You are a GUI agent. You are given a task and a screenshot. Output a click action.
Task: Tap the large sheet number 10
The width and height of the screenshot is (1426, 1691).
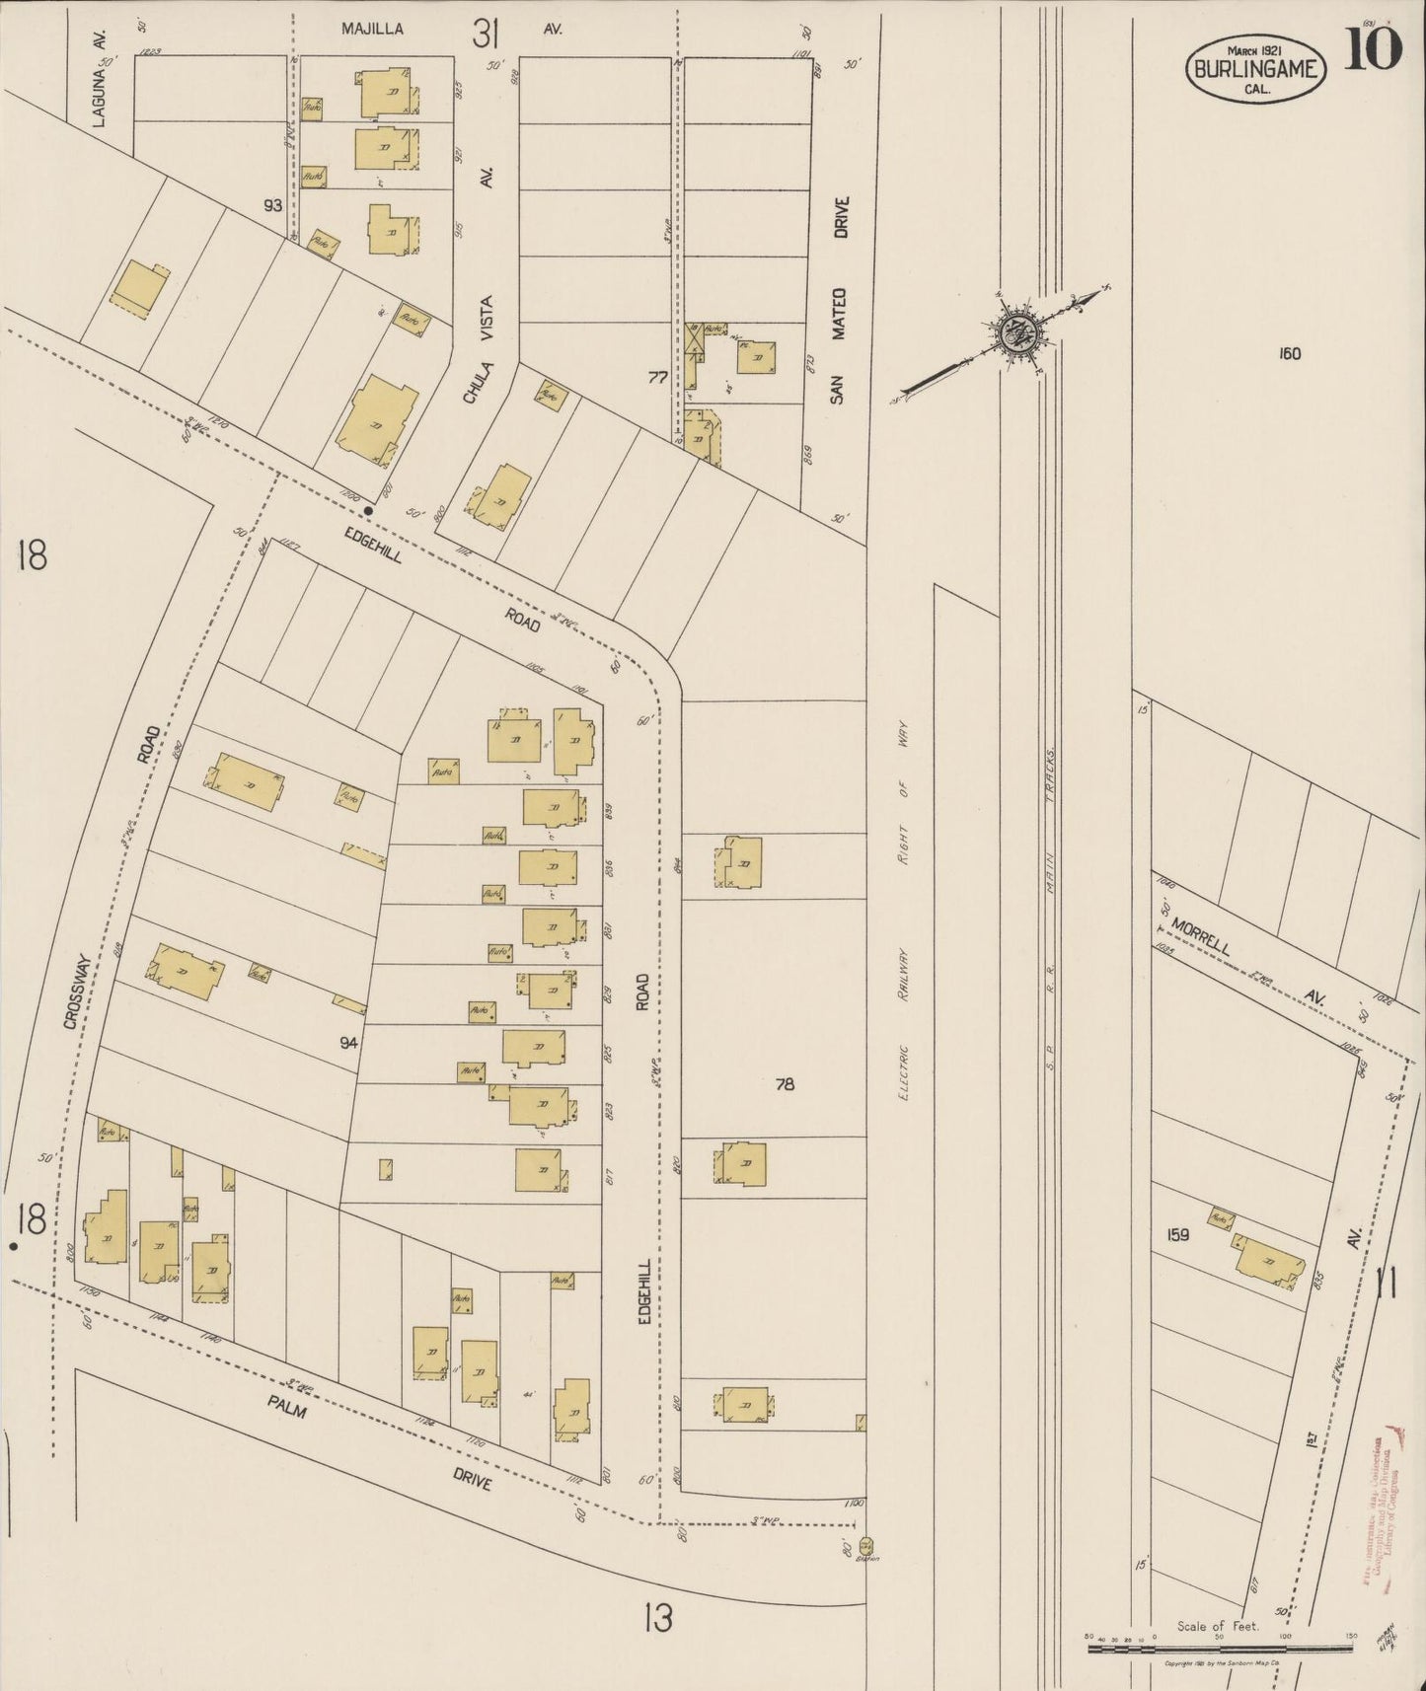coord(1372,49)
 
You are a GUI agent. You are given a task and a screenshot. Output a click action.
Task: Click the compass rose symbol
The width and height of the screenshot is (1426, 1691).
coord(1014,335)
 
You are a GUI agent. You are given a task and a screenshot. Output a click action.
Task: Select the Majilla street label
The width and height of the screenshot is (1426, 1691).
coord(372,29)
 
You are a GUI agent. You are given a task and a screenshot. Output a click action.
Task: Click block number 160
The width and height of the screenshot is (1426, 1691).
coord(1289,354)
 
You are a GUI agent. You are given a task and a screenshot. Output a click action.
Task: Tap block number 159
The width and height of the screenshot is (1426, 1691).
coord(1177,1234)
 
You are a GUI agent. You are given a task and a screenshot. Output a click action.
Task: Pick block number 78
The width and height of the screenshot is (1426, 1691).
coord(785,1084)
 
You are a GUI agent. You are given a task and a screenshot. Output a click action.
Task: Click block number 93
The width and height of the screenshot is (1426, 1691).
coord(272,205)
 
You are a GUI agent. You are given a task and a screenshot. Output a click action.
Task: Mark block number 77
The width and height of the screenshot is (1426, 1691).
coord(658,376)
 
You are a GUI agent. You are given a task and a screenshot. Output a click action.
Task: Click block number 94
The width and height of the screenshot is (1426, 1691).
coord(348,1042)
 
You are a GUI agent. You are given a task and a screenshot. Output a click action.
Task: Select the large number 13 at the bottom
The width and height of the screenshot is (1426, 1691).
coord(657,1617)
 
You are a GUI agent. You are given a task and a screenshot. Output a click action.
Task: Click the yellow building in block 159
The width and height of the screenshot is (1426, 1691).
coord(1269,1263)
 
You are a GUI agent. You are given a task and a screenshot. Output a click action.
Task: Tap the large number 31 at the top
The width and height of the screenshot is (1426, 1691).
coord(485,36)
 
